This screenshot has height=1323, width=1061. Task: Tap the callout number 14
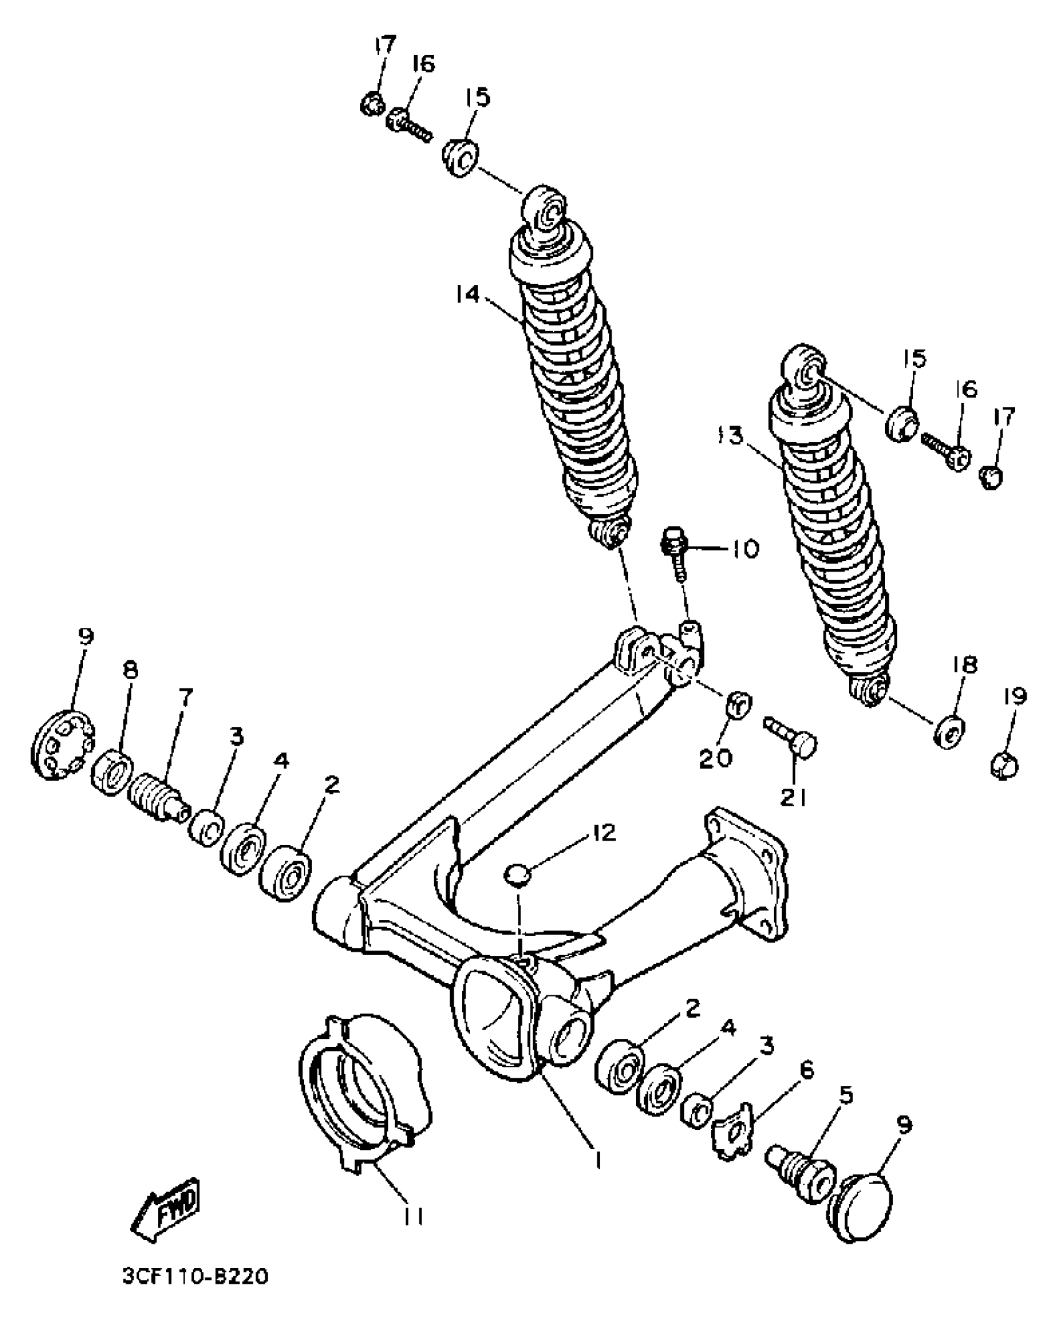[x=467, y=293]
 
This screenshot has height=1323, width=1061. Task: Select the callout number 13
[x=731, y=436]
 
